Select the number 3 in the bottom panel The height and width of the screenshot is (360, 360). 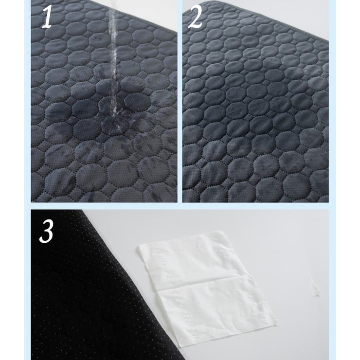pos(47,232)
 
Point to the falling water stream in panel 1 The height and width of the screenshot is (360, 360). pos(113,62)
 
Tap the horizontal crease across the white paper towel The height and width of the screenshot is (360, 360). pos(202,283)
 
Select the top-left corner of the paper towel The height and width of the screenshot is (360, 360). pos(139,247)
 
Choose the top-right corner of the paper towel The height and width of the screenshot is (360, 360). pos(221,232)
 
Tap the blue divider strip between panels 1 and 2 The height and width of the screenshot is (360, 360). pos(180,101)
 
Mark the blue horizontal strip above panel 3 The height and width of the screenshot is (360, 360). pos(180,206)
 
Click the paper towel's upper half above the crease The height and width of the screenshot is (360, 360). pos(191,259)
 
